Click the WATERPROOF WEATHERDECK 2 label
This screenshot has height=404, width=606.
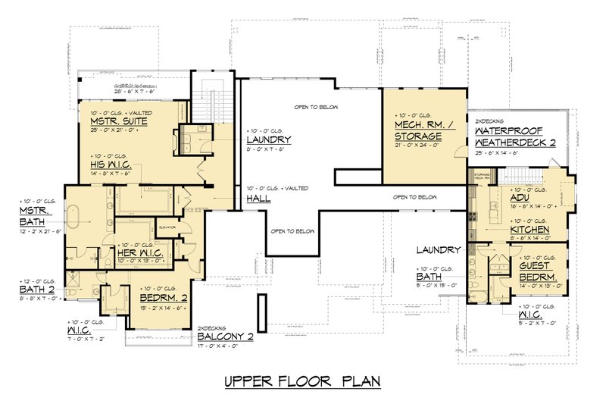click(x=521, y=136)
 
